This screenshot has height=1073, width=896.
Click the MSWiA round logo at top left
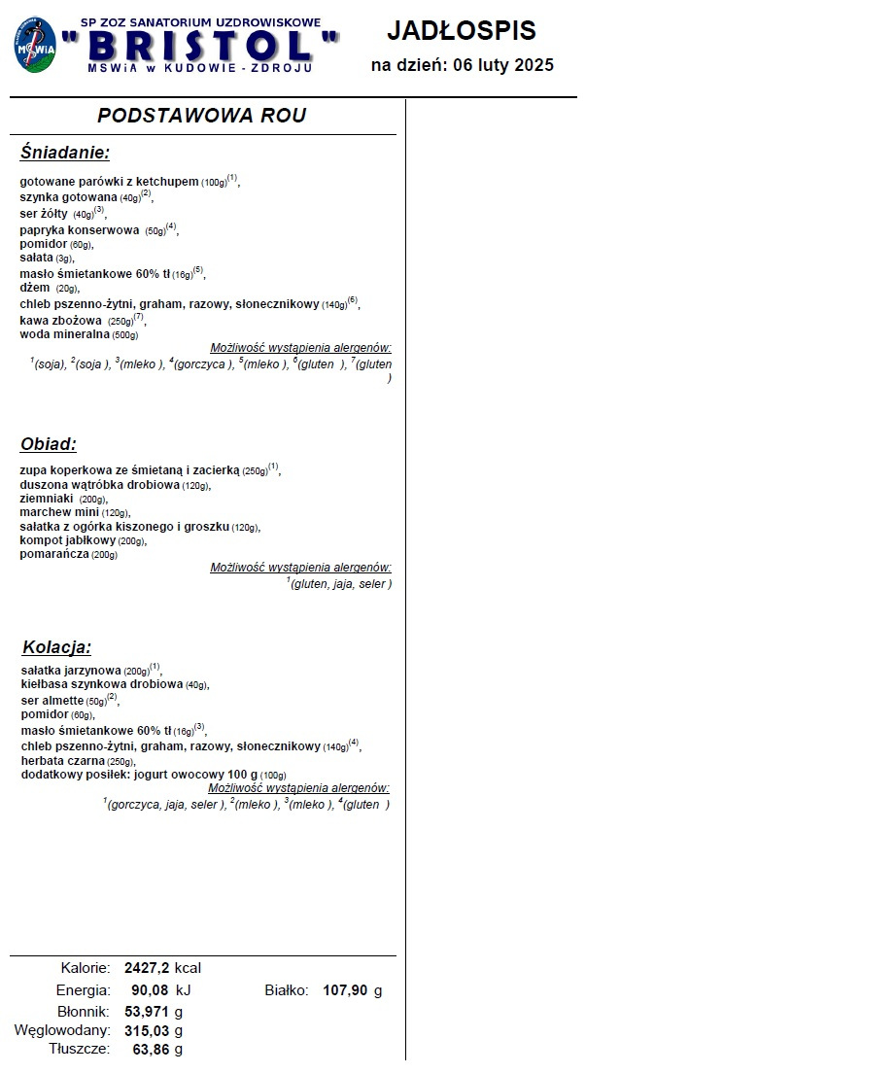35,46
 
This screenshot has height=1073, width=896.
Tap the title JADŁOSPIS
462,30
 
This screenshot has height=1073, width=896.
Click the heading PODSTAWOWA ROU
201,116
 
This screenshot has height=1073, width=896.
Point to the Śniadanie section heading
65,153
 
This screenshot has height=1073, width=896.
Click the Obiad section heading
49,444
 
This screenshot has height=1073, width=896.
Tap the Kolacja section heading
56,647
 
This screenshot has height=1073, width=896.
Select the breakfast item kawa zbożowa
61,320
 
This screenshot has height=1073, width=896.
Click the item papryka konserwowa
80,230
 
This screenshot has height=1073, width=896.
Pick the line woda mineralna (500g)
79,334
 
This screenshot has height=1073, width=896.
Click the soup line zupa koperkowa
129,469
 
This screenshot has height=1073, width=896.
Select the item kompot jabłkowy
68,539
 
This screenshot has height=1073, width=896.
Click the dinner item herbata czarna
64,761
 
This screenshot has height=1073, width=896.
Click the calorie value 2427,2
147,968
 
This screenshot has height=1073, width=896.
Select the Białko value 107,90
345,990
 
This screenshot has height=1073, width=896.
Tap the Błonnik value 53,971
147,1012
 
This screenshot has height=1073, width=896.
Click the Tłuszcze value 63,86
151,1050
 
